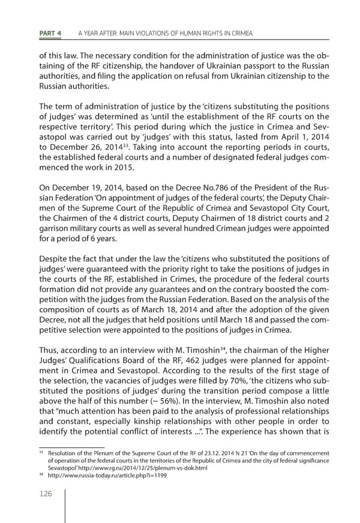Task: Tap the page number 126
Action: coord(43,494)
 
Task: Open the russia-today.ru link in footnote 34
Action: coord(94,475)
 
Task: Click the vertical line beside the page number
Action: coord(65,503)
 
